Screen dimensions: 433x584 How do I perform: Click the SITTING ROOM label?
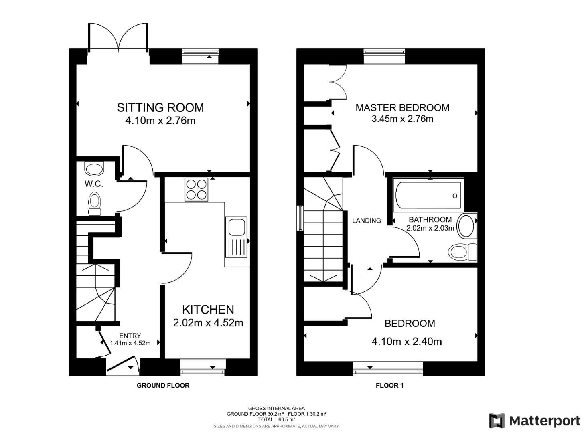click(x=160, y=107)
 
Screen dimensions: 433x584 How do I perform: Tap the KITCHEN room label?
click(x=208, y=309)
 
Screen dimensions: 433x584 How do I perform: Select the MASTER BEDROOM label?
click(x=402, y=107)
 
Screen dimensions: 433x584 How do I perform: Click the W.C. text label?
click(x=94, y=184)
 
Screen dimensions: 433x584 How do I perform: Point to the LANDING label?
click(x=366, y=221)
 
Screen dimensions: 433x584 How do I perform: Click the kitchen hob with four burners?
click(x=197, y=189)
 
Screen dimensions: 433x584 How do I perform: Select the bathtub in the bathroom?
click(x=428, y=196)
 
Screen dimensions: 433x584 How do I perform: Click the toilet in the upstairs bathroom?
click(x=461, y=252)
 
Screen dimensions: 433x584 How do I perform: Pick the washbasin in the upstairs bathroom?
click(x=466, y=226)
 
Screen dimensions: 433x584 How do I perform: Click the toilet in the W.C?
click(x=95, y=203)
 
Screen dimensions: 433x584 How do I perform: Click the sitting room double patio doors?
click(x=118, y=38)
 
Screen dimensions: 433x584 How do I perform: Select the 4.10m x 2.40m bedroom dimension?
click(x=407, y=342)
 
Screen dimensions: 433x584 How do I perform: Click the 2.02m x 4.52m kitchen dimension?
click(x=208, y=322)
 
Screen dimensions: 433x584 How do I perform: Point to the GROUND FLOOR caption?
click(x=163, y=386)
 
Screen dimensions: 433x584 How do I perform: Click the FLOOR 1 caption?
click(x=389, y=386)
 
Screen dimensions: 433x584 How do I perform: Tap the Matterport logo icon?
click(x=497, y=421)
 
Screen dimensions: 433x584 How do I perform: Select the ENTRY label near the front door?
click(x=130, y=336)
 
